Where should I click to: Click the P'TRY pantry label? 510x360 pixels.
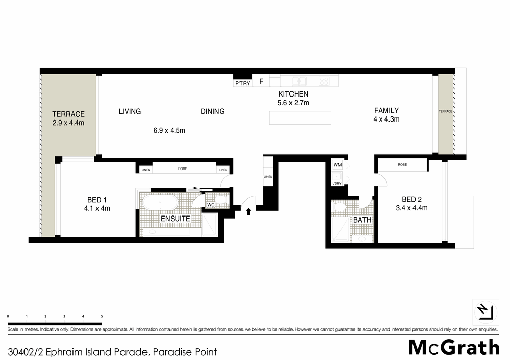(242, 83)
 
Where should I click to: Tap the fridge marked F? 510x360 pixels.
(261, 81)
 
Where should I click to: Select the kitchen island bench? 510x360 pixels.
(300, 117)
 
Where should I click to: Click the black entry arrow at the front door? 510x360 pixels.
(249, 210)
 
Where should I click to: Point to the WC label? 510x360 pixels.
(210, 205)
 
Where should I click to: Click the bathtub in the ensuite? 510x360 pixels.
(160, 203)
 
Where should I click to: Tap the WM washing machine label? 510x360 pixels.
(337, 165)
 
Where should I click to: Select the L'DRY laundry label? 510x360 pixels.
(337, 183)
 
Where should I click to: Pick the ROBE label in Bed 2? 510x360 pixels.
(402, 165)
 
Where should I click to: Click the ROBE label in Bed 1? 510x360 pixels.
(182, 169)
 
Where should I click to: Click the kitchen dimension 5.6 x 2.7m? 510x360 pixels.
(293, 103)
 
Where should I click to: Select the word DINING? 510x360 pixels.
(212, 111)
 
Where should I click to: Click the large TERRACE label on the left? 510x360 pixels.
(68, 114)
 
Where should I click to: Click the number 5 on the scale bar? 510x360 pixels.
(102, 317)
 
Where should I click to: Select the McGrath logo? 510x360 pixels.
(453, 347)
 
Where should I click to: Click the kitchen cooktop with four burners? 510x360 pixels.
(324, 81)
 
